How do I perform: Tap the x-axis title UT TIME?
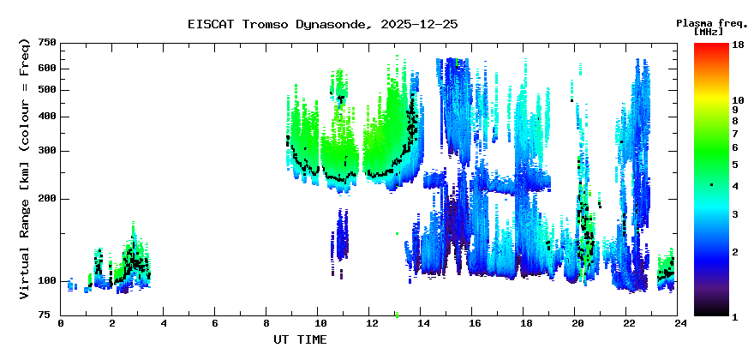[299, 339]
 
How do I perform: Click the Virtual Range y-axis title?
[25, 168]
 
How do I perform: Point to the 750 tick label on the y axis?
[47, 43]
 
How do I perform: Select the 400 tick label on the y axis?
[47, 117]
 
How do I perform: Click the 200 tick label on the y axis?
[47, 199]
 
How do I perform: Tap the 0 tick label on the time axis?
[61, 324]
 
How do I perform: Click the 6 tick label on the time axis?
[214, 324]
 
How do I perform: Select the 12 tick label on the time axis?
[371, 324]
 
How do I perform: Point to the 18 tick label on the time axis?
[525, 324]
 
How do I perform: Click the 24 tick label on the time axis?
[679, 324]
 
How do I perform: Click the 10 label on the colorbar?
[738, 100]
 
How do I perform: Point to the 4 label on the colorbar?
[735, 186]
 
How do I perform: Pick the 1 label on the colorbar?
[735, 317]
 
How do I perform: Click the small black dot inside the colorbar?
[711, 185]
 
